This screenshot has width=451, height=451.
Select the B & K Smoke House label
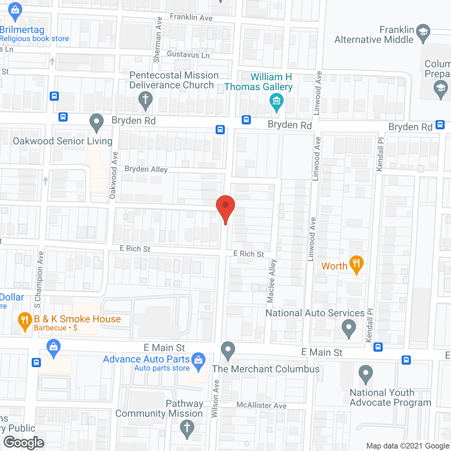point(78,319)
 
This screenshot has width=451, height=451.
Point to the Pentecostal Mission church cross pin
point(145,100)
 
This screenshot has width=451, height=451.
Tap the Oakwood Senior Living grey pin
point(96,122)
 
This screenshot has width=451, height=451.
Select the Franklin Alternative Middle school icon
point(423,32)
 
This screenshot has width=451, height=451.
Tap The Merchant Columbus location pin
point(228,350)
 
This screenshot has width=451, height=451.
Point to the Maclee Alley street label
point(271,281)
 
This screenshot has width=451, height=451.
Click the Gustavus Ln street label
point(188,54)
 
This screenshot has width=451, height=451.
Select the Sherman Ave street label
point(157,39)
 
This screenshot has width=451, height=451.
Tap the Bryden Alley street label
point(146,169)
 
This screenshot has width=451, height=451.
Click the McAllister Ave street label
point(261,405)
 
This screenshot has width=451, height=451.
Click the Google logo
point(24,443)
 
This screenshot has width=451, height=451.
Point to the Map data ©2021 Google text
point(408,446)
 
